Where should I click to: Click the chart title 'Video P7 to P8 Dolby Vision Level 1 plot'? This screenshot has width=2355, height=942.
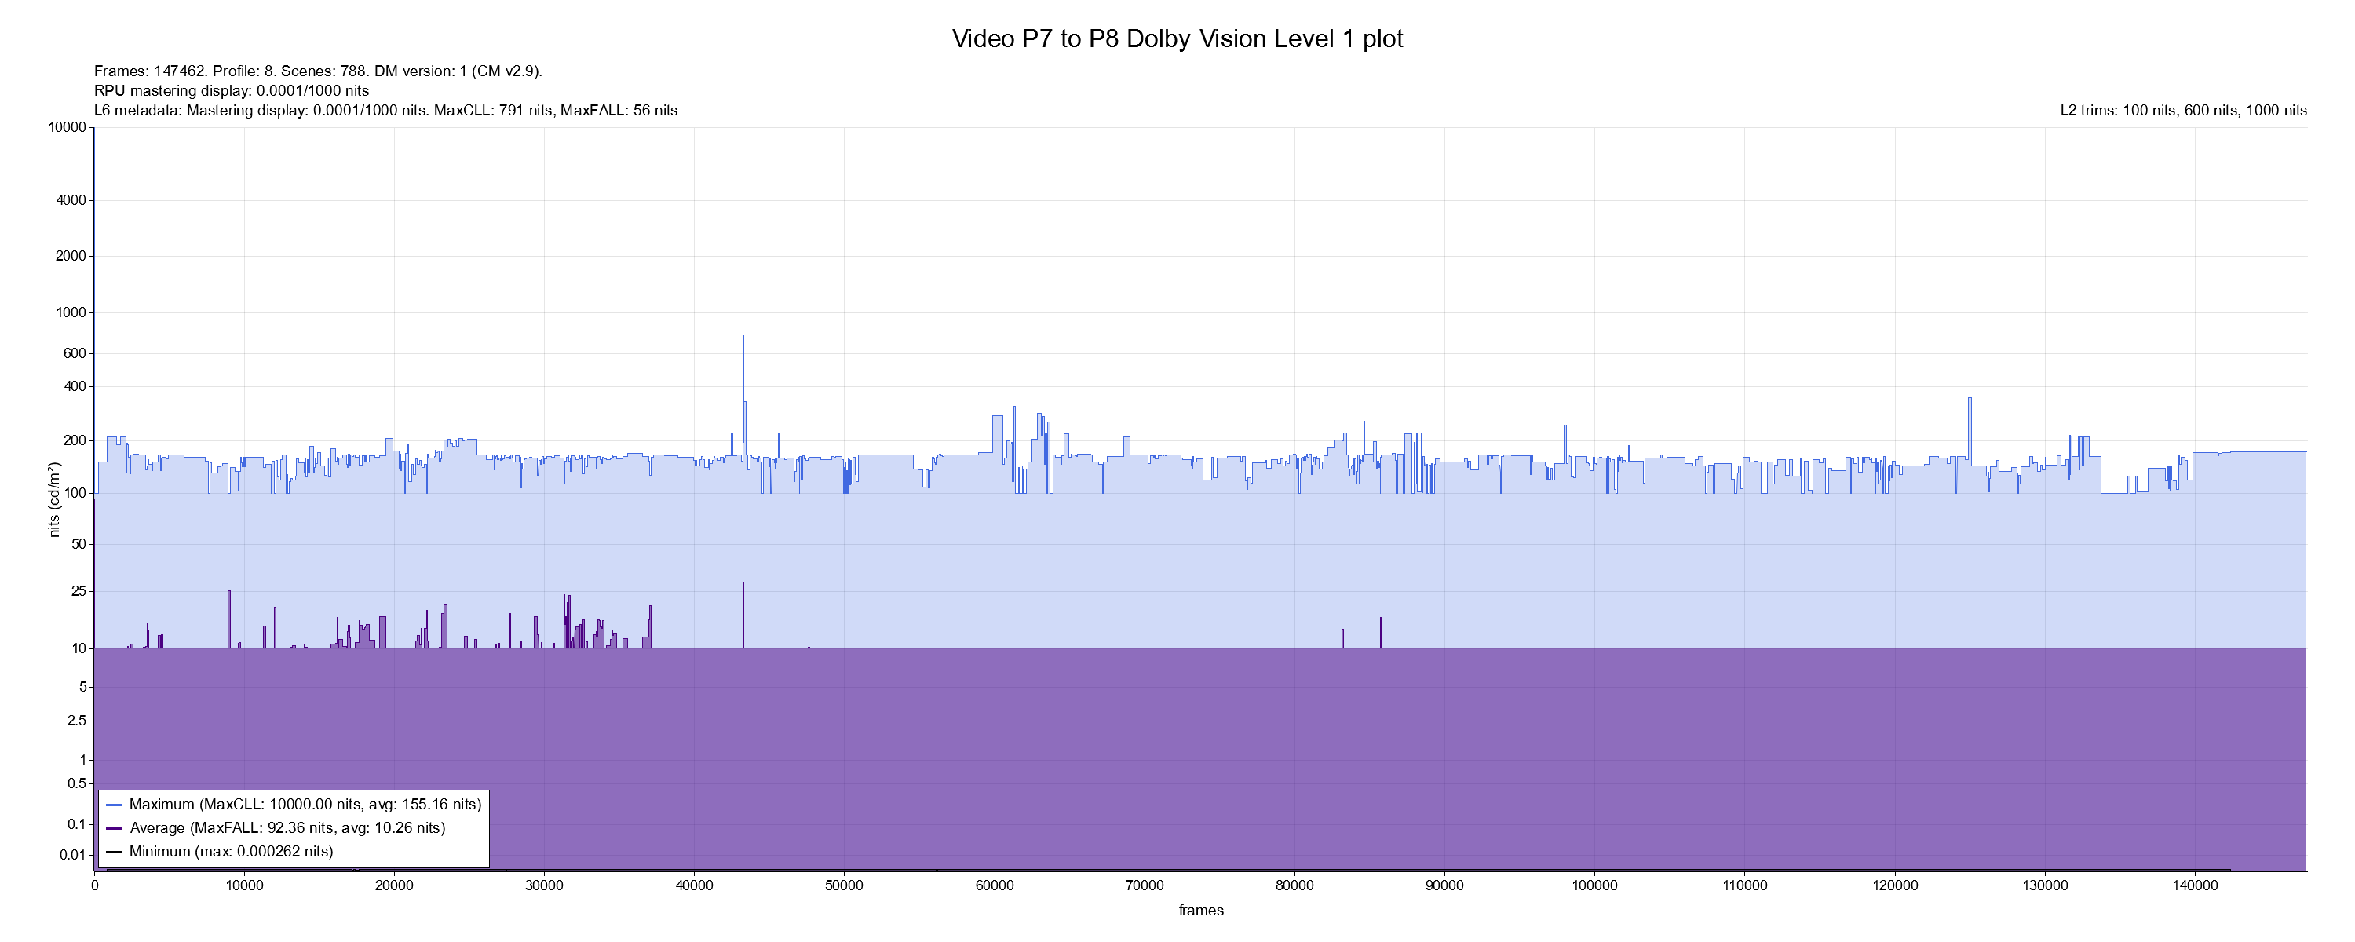pyautogui.click(x=1177, y=39)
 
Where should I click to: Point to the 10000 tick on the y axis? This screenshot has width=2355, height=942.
pyautogui.click(x=68, y=127)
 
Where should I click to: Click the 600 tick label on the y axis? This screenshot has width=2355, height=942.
pyautogui.click(x=74, y=354)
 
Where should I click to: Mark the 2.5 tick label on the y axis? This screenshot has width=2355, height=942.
pyautogui.click(x=76, y=721)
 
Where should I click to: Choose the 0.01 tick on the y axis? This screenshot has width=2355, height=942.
pyautogui.click(x=72, y=855)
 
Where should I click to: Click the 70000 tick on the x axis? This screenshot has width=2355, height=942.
pyautogui.click(x=1145, y=885)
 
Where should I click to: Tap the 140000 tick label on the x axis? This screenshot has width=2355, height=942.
pyautogui.click(x=2194, y=885)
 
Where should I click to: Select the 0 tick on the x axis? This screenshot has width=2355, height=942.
pyautogui.click(x=94, y=885)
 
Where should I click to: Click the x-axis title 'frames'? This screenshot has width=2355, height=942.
pyautogui.click(x=1200, y=910)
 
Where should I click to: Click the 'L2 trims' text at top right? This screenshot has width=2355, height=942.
pyautogui.click(x=2183, y=111)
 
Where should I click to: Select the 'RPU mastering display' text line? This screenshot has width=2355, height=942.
pyautogui.click(x=232, y=90)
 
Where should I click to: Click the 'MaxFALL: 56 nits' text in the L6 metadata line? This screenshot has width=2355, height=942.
pyautogui.click(x=619, y=111)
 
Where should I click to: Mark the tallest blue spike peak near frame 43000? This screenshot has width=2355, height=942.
pyautogui.click(x=743, y=337)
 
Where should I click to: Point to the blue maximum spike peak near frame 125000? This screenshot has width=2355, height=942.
pyautogui.click(x=1970, y=398)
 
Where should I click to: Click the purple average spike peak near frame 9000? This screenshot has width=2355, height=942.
pyautogui.click(x=229, y=592)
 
